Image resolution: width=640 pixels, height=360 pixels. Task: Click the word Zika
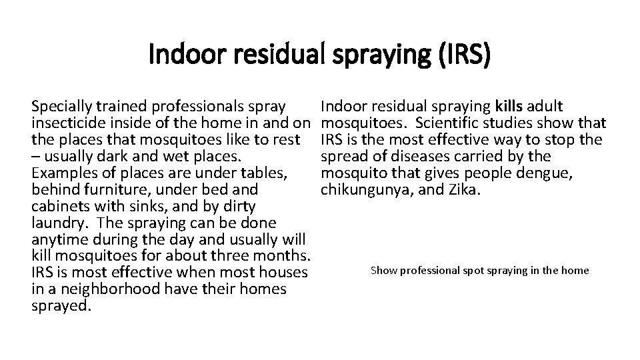[465, 189]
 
